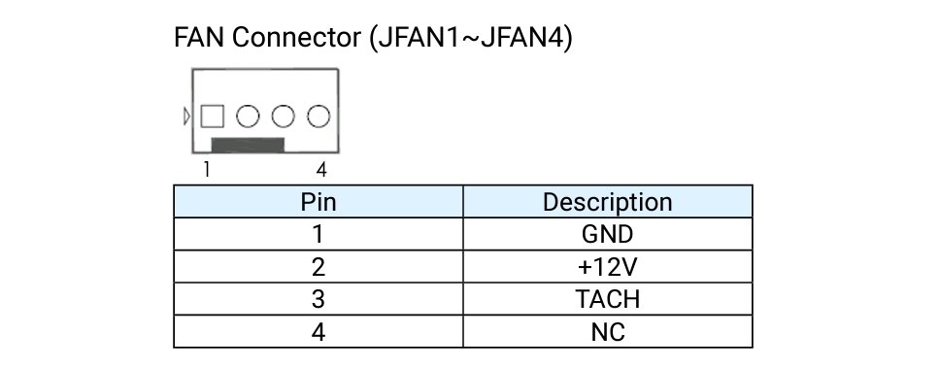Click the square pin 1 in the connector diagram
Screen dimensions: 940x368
point(213,117)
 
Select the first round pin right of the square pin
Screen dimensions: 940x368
point(249,117)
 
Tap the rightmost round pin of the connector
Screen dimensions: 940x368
point(319,117)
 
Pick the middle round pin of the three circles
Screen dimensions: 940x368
point(284,117)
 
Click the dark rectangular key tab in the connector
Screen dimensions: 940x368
point(248,145)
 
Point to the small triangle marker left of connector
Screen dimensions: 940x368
point(187,117)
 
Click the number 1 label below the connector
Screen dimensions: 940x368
point(207,170)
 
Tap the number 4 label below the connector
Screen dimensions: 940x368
point(321,170)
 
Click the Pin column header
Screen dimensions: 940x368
point(319,202)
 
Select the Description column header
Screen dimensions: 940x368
point(607,202)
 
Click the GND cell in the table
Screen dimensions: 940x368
point(607,234)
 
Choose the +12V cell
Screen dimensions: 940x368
point(607,267)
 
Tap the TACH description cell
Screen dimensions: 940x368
point(607,299)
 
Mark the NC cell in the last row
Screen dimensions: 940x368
point(608,331)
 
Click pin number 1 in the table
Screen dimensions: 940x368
point(319,234)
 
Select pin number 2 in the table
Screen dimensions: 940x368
point(319,267)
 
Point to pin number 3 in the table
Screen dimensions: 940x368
point(319,299)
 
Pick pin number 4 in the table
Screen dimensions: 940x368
point(319,331)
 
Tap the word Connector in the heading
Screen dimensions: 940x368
point(296,37)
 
